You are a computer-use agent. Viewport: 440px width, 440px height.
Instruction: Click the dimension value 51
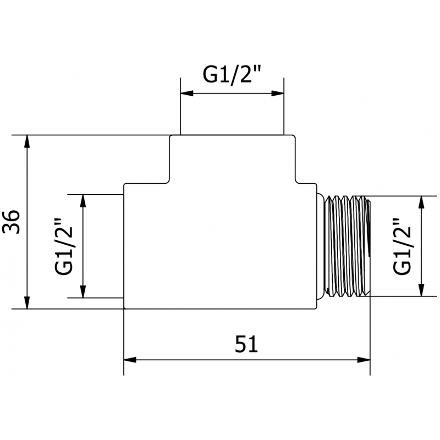pyautogui.click(x=246, y=344)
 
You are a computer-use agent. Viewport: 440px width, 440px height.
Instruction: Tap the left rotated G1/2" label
pyautogui.click(x=65, y=246)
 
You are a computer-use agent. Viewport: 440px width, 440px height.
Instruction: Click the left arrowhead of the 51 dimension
pyautogui.click(x=129, y=360)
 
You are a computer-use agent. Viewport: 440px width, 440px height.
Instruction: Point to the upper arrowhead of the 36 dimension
pyautogui.click(x=26, y=141)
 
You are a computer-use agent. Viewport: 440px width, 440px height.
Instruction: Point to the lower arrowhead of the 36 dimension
pyautogui.click(x=26, y=302)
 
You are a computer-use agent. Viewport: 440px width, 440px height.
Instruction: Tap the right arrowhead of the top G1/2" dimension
pyautogui.click(x=278, y=94)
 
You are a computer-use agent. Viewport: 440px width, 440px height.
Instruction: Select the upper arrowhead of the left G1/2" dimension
pyautogui.click(x=84, y=200)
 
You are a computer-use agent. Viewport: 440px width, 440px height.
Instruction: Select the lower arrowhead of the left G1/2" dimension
pyautogui.click(x=84, y=292)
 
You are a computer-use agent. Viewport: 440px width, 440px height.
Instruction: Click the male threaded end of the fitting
pyautogui.click(x=348, y=246)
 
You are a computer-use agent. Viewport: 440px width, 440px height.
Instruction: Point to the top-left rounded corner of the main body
pyautogui.click(x=125, y=185)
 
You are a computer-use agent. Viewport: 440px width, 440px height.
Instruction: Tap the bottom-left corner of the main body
pyautogui.click(x=124, y=307)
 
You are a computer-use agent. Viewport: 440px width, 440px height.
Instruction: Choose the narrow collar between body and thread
pyautogui.click(x=322, y=246)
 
